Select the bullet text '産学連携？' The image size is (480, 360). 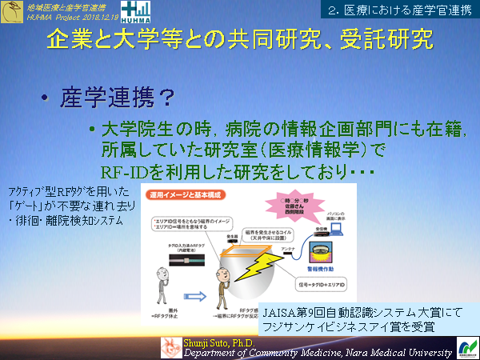click(x=118, y=98)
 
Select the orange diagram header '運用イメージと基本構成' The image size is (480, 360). click(x=183, y=194)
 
